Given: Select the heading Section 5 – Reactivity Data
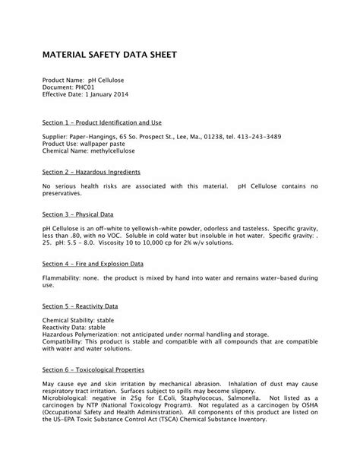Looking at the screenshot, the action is click(x=81, y=306).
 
